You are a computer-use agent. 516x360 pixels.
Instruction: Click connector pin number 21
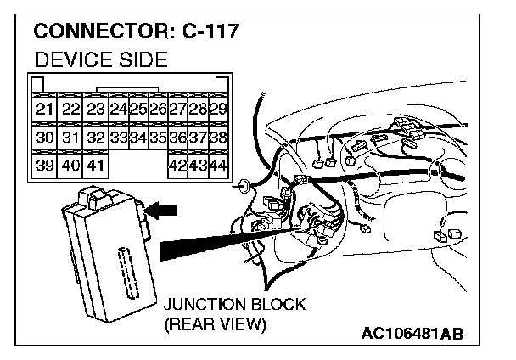[45, 110]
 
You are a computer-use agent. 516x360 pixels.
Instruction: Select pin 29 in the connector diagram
[217, 110]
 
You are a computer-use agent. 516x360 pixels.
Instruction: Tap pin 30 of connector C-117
[45, 138]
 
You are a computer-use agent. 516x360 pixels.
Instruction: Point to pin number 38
[217, 138]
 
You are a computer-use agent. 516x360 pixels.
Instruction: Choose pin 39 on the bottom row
[45, 165]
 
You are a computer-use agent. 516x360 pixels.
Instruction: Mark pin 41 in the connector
[95, 165]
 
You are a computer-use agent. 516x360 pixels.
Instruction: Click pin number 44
[217, 165]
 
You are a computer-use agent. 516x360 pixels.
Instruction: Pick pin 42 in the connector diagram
[177, 165]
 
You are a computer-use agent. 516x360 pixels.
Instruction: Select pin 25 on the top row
[138, 110]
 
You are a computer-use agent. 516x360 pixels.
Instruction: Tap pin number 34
[138, 138]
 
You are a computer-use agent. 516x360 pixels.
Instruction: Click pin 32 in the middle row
[95, 138]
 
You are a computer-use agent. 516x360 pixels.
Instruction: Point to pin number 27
[177, 110]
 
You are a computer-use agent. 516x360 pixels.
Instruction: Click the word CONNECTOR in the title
[103, 33]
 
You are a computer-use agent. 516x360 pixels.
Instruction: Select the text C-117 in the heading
[210, 33]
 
